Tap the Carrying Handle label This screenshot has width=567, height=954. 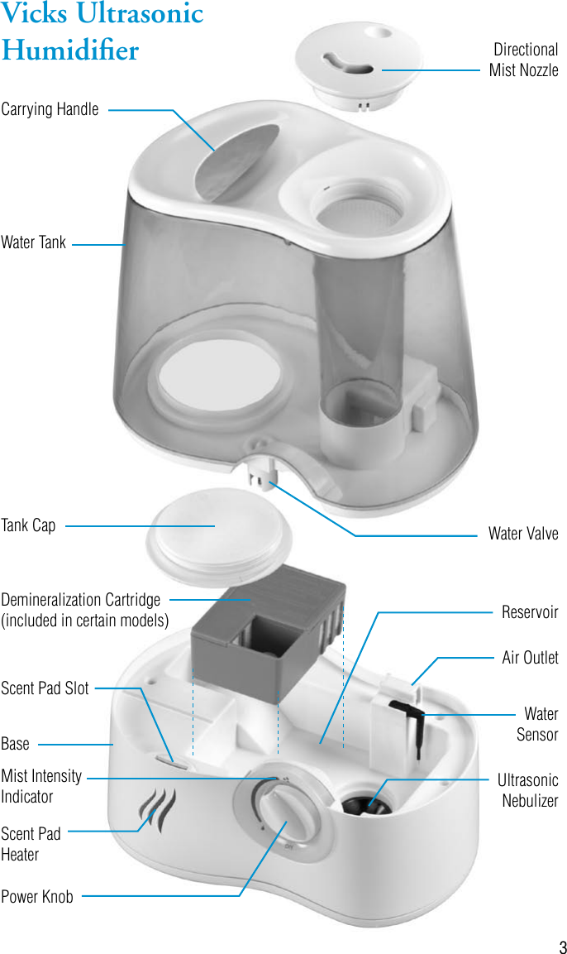pos(50,109)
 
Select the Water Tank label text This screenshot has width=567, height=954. pos(33,243)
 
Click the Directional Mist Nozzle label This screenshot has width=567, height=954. pos(523,60)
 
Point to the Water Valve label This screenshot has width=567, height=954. pos(522,534)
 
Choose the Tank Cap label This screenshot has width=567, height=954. pos(28,525)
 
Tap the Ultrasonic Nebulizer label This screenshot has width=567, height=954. pos(528,790)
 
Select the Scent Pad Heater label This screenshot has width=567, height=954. pos(31,844)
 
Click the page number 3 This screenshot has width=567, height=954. pos(561,947)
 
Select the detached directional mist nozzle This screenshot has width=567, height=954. pos(360,61)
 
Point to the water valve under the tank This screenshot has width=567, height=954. pos(263,478)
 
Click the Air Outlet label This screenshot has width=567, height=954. pos(530,658)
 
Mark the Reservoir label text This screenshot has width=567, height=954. pos(530,612)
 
